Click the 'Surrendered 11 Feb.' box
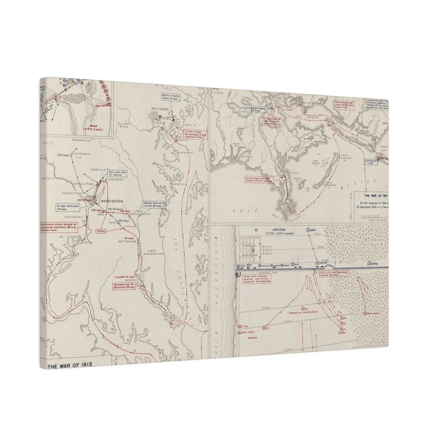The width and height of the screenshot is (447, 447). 371,162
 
